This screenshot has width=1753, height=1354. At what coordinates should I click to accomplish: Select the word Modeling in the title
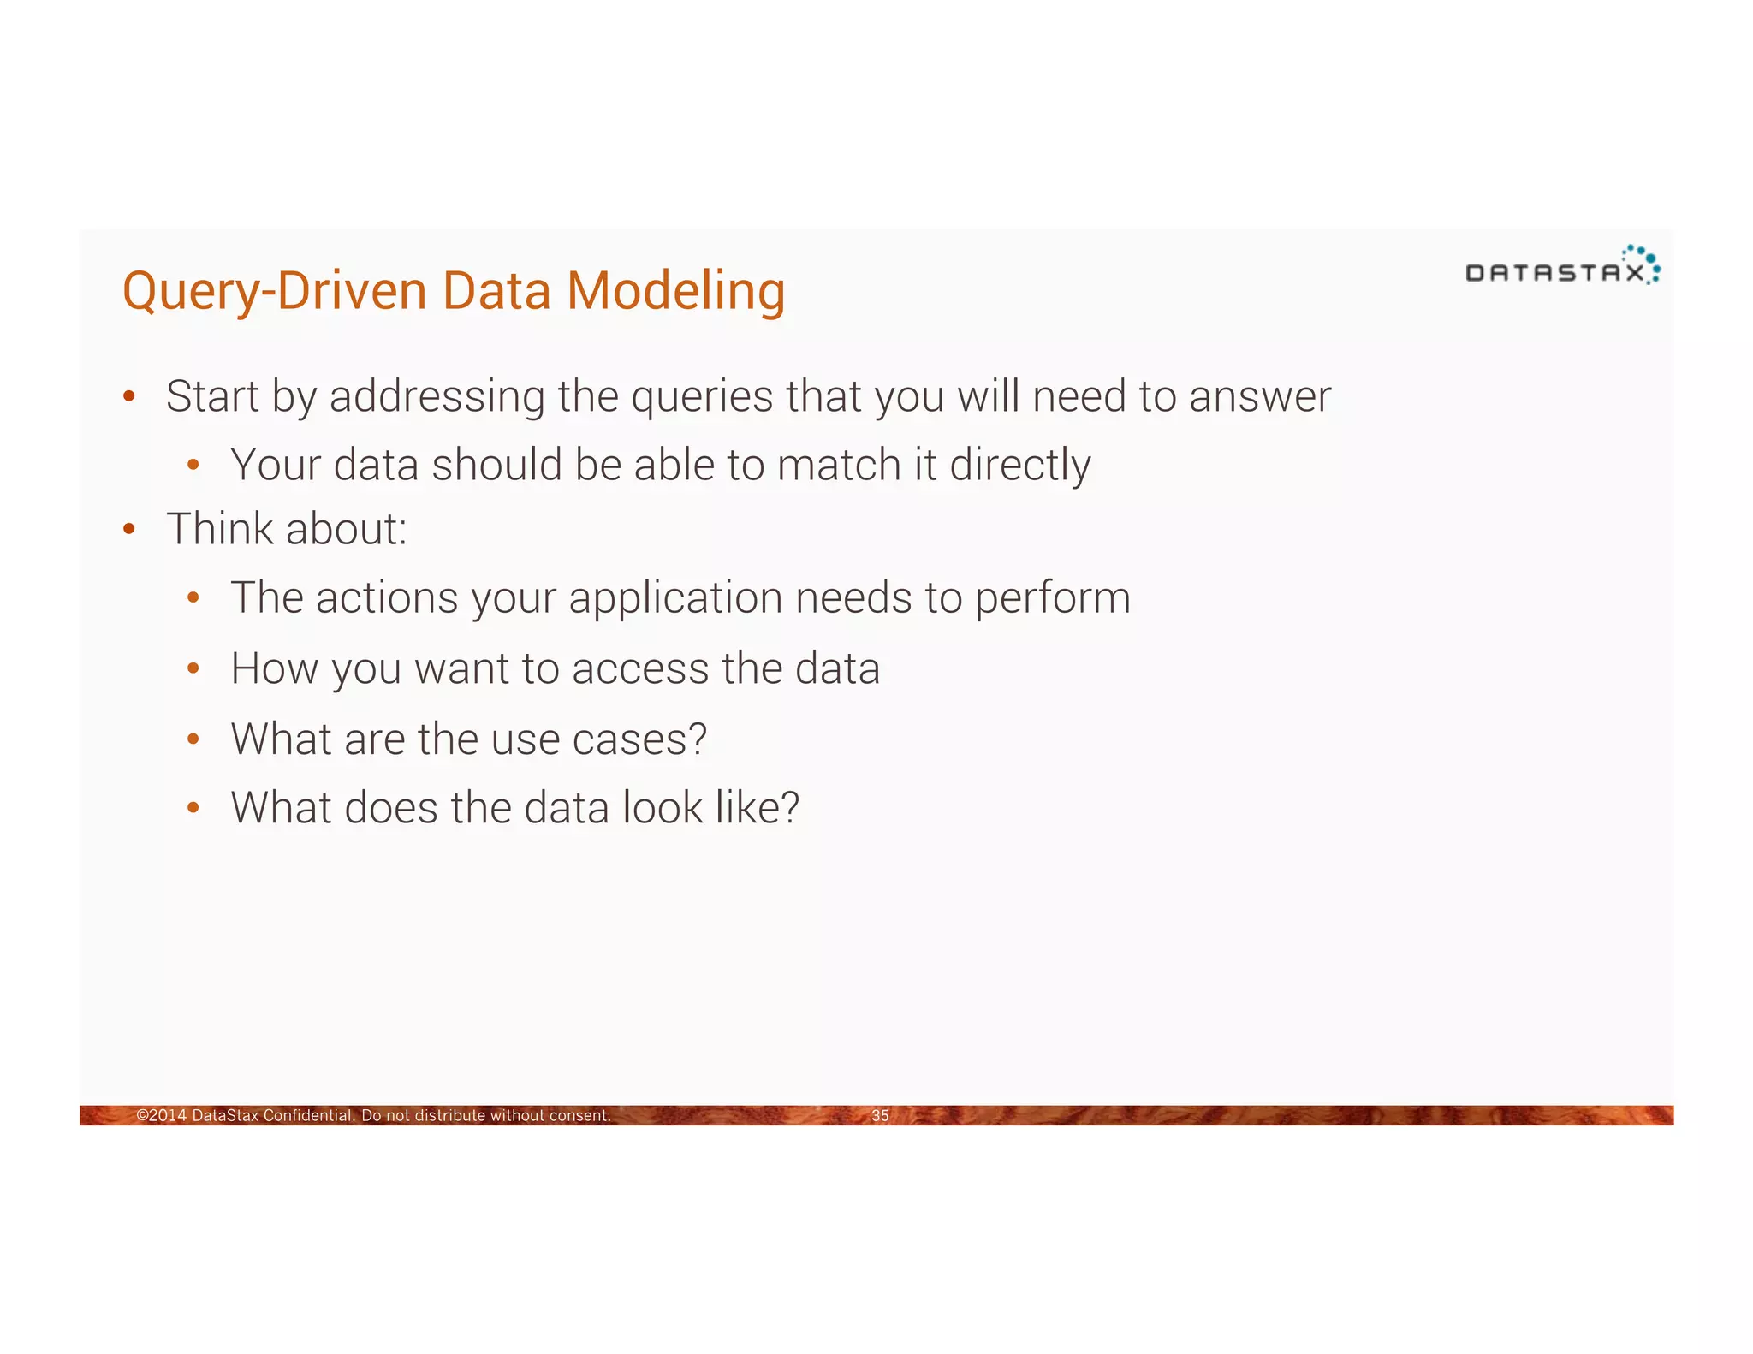(x=675, y=292)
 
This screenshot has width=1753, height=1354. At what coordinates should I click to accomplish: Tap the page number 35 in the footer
(x=880, y=1115)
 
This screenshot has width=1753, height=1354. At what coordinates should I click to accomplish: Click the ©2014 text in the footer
(x=162, y=1115)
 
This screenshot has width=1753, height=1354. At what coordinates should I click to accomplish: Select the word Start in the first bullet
(x=212, y=396)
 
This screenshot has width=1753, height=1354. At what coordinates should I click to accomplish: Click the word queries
(x=702, y=398)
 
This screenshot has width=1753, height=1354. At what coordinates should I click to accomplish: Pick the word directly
(x=1019, y=466)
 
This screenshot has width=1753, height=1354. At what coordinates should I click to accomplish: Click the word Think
(x=220, y=529)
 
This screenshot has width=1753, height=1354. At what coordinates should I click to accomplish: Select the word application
(x=675, y=599)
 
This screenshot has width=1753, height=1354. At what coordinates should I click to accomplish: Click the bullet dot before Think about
(x=129, y=529)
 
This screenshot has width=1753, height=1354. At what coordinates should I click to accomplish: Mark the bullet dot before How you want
(x=193, y=668)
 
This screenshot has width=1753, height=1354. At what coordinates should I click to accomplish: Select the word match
(x=838, y=466)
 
